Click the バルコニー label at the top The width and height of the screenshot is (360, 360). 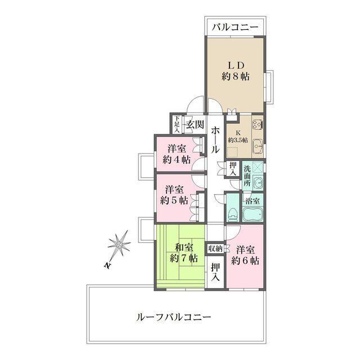click(235, 27)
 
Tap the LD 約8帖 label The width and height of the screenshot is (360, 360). click(235, 70)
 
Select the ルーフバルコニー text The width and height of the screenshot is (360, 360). click(174, 317)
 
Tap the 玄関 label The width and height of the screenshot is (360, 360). click(194, 124)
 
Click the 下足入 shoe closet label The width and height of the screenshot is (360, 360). click(177, 124)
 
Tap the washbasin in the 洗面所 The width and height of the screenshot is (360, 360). click(256, 183)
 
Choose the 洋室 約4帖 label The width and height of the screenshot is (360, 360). click(176, 154)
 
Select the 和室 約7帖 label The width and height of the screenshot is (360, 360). click(183, 252)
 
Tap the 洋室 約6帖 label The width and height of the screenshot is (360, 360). click(246, 255)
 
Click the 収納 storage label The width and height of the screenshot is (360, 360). click(215, 249)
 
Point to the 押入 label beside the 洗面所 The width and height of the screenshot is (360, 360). click(233, 168)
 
